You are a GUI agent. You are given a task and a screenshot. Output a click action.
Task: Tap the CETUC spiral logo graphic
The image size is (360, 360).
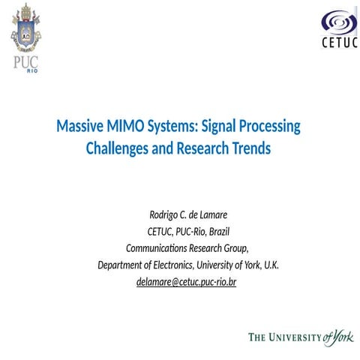tap(334, 22)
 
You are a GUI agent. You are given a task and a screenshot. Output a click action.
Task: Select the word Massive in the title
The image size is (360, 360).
tap(79, 126)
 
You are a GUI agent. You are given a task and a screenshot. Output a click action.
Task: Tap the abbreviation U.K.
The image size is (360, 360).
tap(269, 265)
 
